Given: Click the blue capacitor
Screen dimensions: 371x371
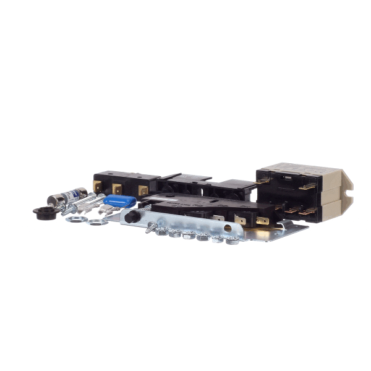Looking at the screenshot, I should (x=119, y=201).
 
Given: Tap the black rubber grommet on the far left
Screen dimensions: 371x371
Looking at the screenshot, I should (x=43, y=213).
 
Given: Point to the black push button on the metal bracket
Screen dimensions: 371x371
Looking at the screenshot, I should (x=130, y=218).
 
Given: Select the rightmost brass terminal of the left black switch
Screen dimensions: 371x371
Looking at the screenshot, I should (x=143, y=191).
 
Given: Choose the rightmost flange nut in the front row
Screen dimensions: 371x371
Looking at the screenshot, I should (x=233, y=239).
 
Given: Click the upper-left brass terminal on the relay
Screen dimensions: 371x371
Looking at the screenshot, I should (x=265, y=181).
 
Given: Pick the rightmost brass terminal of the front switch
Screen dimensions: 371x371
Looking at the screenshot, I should (x=262, y=220).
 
